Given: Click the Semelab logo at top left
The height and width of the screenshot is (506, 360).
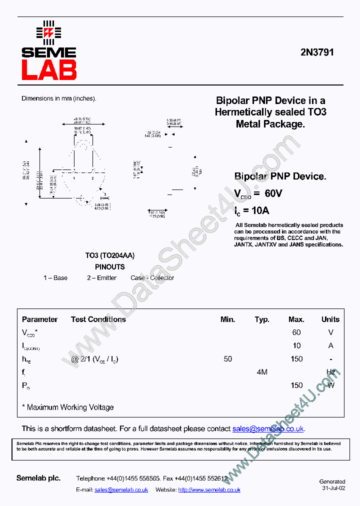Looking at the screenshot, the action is coord(48,50).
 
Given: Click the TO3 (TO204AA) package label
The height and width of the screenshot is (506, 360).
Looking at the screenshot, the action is coord(109,255).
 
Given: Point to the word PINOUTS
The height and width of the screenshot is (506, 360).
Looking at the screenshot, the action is coord(109,267).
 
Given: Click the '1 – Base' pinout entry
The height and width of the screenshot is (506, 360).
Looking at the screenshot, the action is coord(55,278).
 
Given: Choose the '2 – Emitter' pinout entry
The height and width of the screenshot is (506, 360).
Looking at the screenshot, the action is coord(101,278).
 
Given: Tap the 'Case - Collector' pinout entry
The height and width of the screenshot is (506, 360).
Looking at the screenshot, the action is coord(152,278).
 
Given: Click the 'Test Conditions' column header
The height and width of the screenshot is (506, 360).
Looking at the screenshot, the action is coord(98,319).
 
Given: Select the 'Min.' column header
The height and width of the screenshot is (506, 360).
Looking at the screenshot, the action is coord(227,319).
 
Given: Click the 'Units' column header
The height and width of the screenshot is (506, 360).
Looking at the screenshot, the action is coord(330,319).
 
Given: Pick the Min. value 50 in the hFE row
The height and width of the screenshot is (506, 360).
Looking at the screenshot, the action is coord(227,359).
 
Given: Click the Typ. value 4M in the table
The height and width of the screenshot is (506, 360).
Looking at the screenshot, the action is coord(261,372).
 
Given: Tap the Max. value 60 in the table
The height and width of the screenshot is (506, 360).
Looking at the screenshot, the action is coord(296,332).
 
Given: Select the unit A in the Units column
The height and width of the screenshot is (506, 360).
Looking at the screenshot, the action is coord(330,345).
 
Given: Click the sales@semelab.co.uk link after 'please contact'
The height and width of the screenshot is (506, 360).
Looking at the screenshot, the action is coord(268,428).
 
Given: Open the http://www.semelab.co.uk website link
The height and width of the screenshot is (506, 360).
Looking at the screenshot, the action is coord(209,490).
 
